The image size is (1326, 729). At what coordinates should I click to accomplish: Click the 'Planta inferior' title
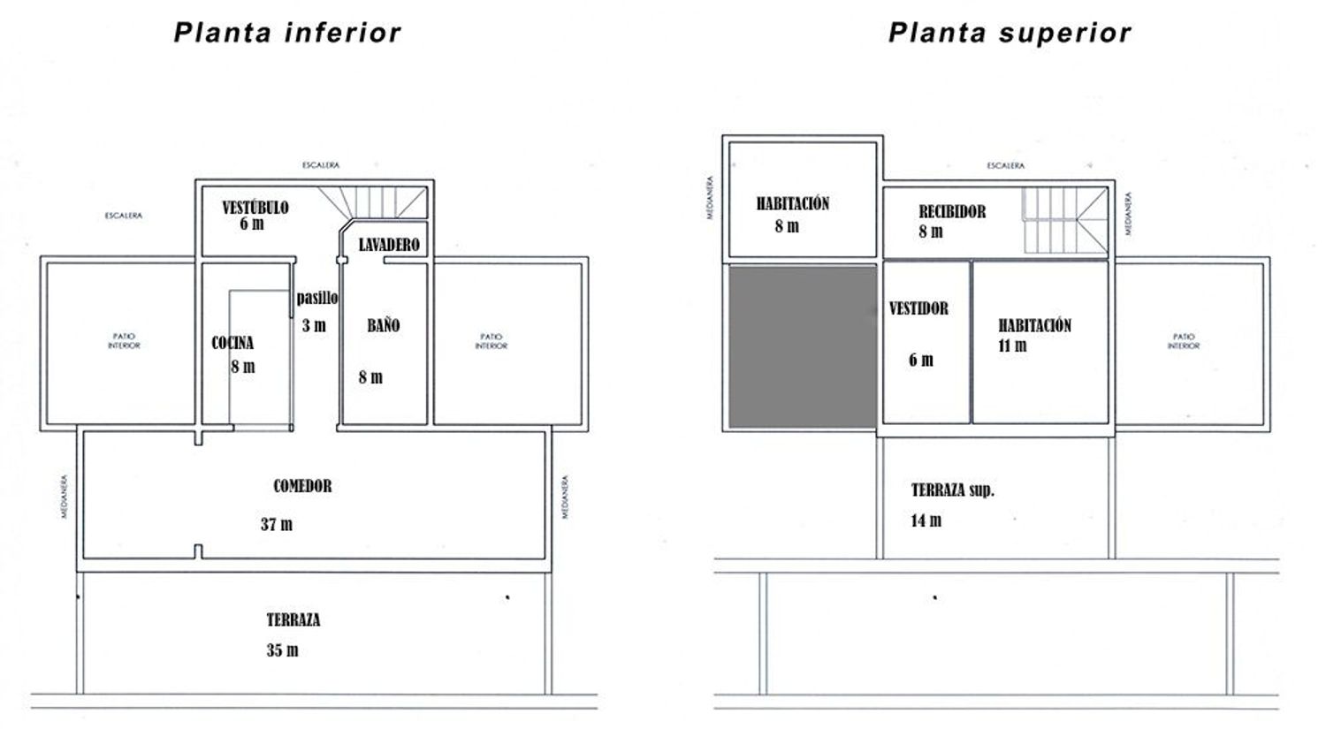287,34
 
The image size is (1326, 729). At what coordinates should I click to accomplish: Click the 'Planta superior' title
1010,34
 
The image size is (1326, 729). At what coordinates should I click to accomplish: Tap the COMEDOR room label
302,486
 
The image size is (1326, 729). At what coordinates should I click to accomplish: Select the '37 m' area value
277,525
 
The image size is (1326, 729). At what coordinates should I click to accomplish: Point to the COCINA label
232,343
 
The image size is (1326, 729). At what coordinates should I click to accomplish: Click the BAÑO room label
383,325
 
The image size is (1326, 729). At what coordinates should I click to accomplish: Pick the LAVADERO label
389,245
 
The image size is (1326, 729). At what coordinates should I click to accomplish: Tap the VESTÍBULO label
255,208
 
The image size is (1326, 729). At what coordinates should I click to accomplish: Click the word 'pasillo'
317,298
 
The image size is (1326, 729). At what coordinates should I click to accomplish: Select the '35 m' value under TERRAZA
282,650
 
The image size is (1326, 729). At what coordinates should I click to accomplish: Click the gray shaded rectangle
802,346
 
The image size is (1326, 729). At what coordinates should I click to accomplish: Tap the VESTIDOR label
918,308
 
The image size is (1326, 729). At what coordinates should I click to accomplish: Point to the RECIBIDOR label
952,211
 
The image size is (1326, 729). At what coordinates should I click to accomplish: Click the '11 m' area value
1012,346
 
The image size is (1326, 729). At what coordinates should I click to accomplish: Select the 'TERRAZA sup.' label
953,490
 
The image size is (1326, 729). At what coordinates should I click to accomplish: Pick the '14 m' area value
926,520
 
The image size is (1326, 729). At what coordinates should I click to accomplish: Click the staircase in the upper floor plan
1064,221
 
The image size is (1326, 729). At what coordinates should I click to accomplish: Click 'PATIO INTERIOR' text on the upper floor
1183,341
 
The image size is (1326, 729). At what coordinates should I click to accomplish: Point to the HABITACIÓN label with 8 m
792,203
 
